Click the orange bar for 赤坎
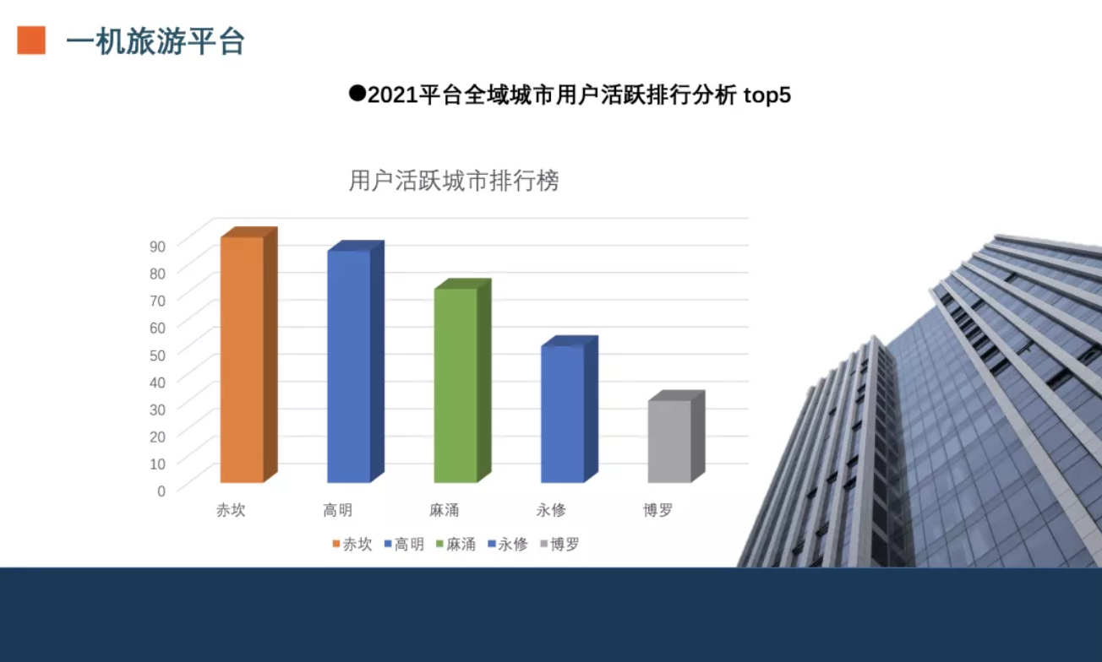[x=248, y=355]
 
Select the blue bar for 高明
[x=355, y=361]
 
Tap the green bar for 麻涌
[x=462, y=381]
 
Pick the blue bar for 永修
[x=570, y=410]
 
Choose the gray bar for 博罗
[x=676, y=437]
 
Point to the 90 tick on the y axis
[x=157, y=247]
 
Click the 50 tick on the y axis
[x=157, y=355]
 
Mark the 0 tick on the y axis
[x=161, y=491]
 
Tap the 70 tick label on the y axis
[x=157, y=301]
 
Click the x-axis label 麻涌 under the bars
[x=445, y=510]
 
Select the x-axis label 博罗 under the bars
[x=657, y=510]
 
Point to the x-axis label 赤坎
[x=231, y=510]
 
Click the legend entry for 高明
[x=405, y=544]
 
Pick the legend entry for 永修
[x=508, y=544]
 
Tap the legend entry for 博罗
[x=559, y=544]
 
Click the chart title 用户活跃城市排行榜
[x=454, y=181]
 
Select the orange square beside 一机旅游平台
[x=31, y=40]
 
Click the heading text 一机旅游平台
[x=155, y=41]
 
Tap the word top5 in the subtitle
[x=767, y=95]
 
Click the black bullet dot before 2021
[x=357, y=94]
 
